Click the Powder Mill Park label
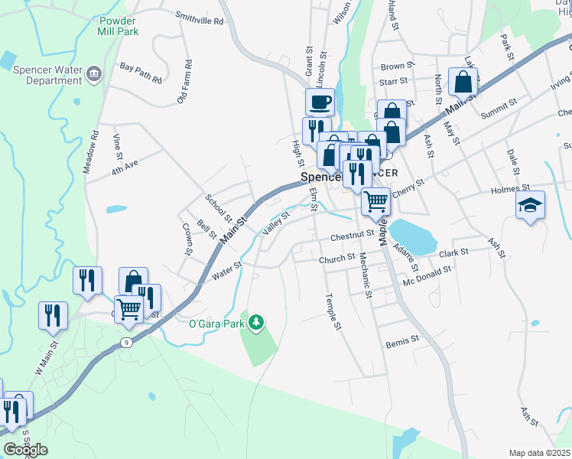[119, 27]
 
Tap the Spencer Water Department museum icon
[94, 73]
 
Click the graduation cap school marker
[530, 205]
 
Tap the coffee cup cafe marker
[320, 101]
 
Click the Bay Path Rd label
[141, 73]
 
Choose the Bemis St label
[403, 338]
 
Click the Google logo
[25, 449]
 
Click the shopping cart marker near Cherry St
[375, 202]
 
